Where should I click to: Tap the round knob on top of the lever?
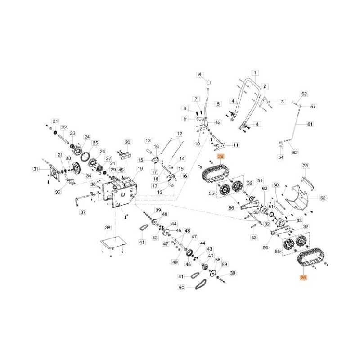click(209, 82)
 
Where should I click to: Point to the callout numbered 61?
click(309, 124)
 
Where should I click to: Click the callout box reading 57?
click(313, 107)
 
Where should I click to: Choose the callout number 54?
click(281, 157)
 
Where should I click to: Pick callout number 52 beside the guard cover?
click(323, 198)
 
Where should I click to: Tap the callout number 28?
click(305, 166)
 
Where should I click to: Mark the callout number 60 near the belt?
click(181, 287)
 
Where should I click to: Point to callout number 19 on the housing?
click(140, 169)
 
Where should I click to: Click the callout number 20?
click(127, 142)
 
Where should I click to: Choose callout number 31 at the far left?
click(36, 169)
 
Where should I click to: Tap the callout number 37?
click(82, 212)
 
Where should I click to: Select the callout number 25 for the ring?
click(95, 143)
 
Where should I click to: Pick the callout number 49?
click(175, 262)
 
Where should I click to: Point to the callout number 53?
click(254, 237)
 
